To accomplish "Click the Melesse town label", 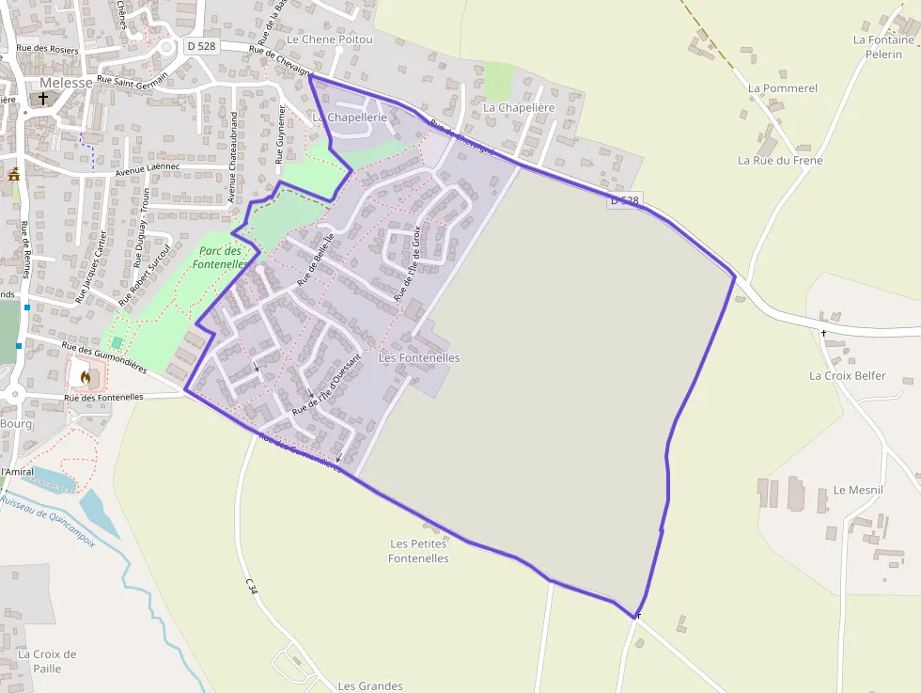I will coord(66,82).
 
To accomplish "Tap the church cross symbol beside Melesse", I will coord(43,98).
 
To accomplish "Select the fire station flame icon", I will coord(86,377).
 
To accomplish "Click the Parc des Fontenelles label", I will coord(220,258).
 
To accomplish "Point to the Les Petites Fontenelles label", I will coord(418,551).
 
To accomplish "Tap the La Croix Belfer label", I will coord(847,375).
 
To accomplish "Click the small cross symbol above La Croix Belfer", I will coord(824,334).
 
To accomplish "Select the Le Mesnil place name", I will coord(858,490).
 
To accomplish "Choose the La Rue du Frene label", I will coord(780,160).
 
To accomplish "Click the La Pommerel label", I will coord(783,87).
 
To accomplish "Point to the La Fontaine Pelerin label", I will coord(883,47).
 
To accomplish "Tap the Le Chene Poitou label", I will coord(329,39).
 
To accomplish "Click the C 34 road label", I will coord(251,586).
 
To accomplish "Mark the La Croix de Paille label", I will coord(47,661).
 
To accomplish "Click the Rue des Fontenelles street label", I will coord(103,398).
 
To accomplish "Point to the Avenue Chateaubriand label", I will coord(233,158).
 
